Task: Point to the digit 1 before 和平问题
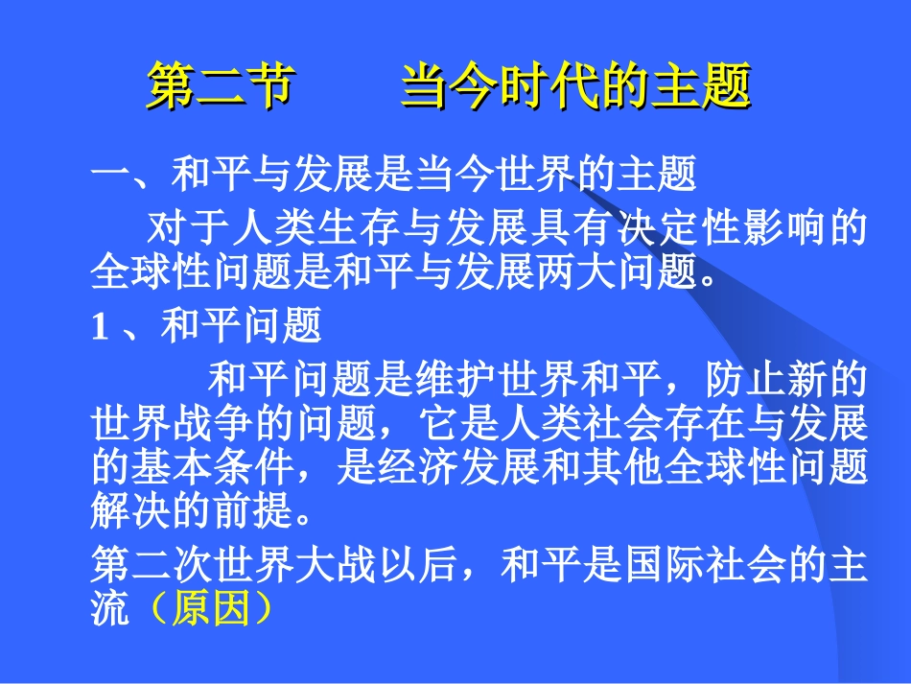[98, 329]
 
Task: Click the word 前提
[252, 510]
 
